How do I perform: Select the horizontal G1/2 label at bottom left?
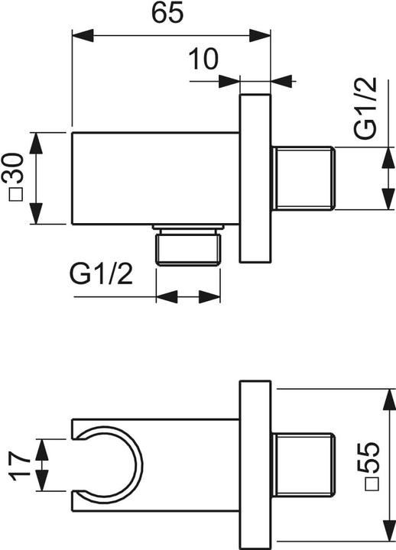click(100, 273)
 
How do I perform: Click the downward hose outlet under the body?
click(189, 246)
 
